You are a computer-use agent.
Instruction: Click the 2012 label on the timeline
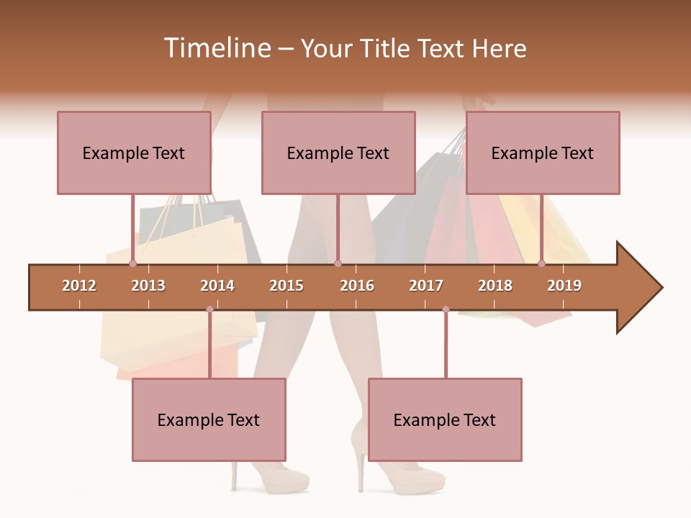click(79, 286)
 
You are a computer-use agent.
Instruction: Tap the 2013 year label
click(148, 286)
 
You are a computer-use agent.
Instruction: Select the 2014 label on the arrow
click(217, 286)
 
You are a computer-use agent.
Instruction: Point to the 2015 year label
click(286, 286)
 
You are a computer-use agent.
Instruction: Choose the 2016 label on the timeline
click(357, 286)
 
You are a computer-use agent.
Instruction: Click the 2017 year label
click(426, 286)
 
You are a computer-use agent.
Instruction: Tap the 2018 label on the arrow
click(495, 286)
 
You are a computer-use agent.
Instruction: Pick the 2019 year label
click(564, 286)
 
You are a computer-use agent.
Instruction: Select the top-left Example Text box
click(134, 153)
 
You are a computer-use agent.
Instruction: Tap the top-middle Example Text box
click(338, 153)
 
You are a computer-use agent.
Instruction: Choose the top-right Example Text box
click(543, 153)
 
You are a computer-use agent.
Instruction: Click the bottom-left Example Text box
click(209, 419)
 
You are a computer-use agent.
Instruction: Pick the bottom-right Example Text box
click(445, 419)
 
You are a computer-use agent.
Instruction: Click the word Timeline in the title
click(216, 48)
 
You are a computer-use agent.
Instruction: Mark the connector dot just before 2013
click(132, 264)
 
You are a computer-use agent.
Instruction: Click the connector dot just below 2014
click(209, 309)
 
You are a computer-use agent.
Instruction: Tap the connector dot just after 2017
click(446, 309)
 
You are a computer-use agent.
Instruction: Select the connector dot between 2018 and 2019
click(541, 264)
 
